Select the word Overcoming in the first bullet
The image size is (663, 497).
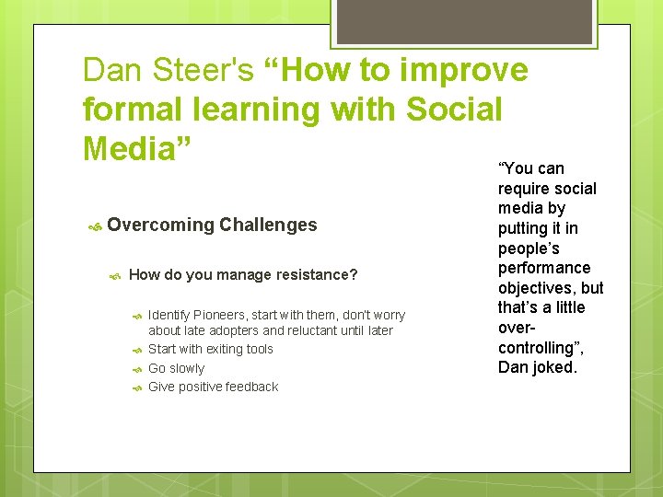click(x=160, y=225)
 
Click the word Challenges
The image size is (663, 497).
click(x=268, y=225)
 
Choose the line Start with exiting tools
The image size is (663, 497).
click(x=210, y=349)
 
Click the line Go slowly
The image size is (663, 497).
click(x=176, y=368)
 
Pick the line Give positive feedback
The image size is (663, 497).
click(x=213, y=387)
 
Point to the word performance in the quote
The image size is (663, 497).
click(x=544, y=268)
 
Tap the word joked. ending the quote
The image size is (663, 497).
click(x=556, y=367)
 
